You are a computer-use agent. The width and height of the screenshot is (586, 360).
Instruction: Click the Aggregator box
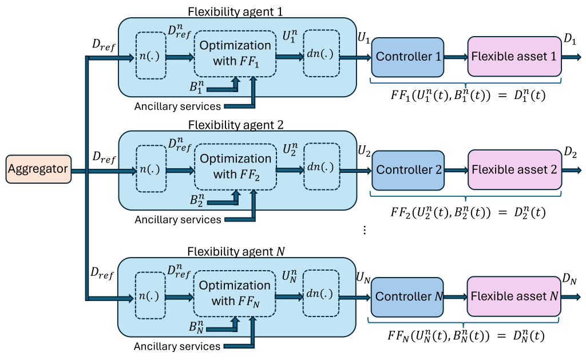pyautogui.click(x=38, y=169)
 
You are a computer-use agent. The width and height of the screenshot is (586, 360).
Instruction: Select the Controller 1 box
pyautogui.click(x=407, y=57)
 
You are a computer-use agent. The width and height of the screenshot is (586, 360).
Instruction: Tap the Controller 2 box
pyautogui.click(x=408, y=170)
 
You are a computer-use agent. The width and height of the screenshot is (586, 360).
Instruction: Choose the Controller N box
pyautogui.click(x=407, y=297)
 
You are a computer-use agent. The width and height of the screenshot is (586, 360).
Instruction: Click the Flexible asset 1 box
pyautogui.click(x=514, y=57)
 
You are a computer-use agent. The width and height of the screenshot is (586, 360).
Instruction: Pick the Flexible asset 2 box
pyautogui.click(x=514, y=170)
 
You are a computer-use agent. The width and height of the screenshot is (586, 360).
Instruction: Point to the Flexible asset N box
pyautogui.click(x=513, y=296)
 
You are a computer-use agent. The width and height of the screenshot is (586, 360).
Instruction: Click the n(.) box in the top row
pyautogui.click(x=151, y=56)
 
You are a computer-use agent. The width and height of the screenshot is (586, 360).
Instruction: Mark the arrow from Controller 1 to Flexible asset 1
pyautogui.click(x=456, y=57)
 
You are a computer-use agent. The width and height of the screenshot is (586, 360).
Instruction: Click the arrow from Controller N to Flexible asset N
pyautogui.click(x=456, y=297)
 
